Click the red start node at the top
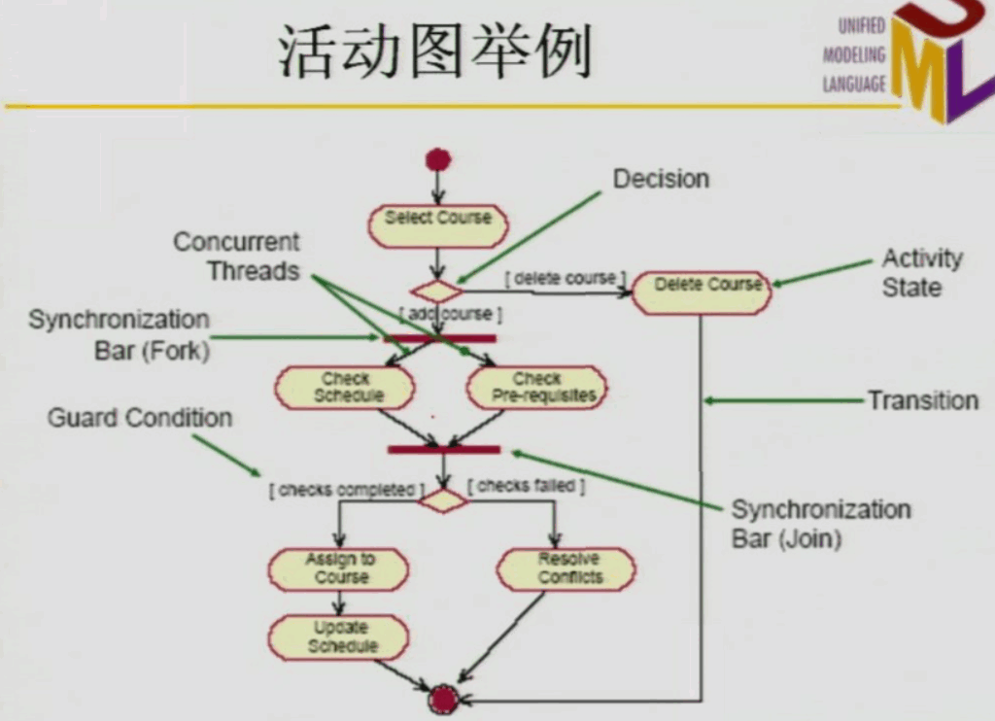[438, 158]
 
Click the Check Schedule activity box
[345, 387]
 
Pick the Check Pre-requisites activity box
[536, 387]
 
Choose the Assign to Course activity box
[338, 568]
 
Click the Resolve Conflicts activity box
[566, 568]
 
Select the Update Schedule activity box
[339, 637]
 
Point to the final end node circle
[444, 698]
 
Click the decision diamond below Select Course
[436, 290]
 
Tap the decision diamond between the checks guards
[443, 499]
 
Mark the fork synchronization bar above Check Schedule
[440, 338]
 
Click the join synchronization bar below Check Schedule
[444, 450]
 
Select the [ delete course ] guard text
[566, 278]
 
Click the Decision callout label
[661, 179]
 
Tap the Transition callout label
[922, 400]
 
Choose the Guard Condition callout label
[140, 418]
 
